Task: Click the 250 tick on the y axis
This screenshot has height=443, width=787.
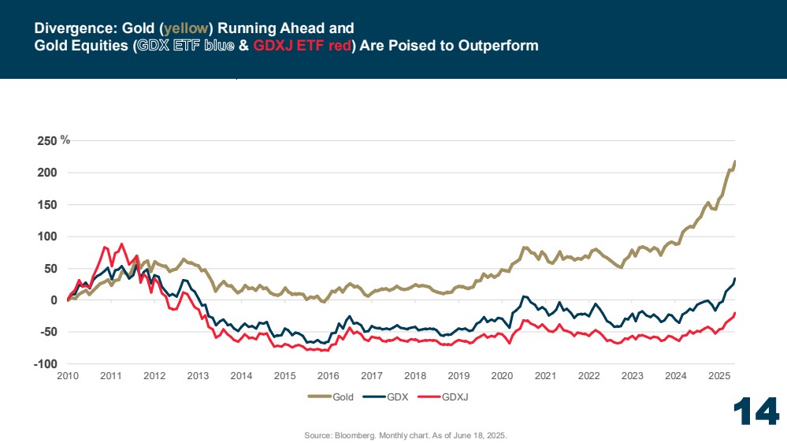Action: (47, 141)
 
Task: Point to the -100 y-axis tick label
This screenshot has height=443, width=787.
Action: (46, 364)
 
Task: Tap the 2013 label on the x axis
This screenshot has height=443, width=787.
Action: (198, 377)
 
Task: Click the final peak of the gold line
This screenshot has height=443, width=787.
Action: (735, 162)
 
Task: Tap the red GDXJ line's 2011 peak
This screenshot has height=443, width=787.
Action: (121, 244)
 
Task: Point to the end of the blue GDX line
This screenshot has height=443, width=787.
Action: (735, 278)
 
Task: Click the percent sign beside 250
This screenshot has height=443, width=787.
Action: (66, 140)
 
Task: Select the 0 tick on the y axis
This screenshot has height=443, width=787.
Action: (54, 300)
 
